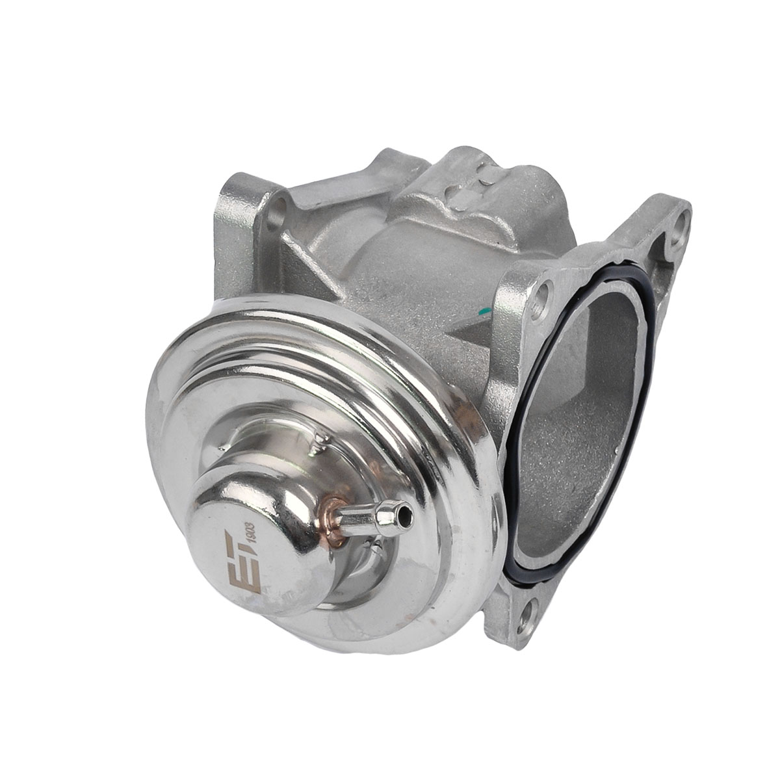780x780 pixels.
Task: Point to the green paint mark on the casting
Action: [484, 312]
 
